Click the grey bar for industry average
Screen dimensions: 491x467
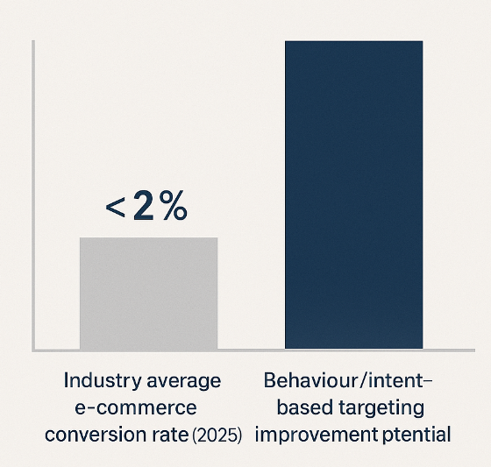click(x=148, y=294)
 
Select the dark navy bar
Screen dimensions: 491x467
click(x=354, y=195)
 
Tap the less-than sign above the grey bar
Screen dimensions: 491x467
click(x=115, y=209)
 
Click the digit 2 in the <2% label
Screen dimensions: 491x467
click(x=144, y=206)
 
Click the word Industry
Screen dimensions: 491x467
click(x=103, y=381)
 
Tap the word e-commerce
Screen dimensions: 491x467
click(x=136, y=407)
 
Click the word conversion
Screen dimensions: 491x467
click(x=96, y=435)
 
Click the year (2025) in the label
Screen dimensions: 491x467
click(x=217, y=435)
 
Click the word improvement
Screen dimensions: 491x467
click(x=317, y=435)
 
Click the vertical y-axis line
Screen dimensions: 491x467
click(x=33, y=195)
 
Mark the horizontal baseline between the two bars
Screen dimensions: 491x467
click(x=251, y=350)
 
